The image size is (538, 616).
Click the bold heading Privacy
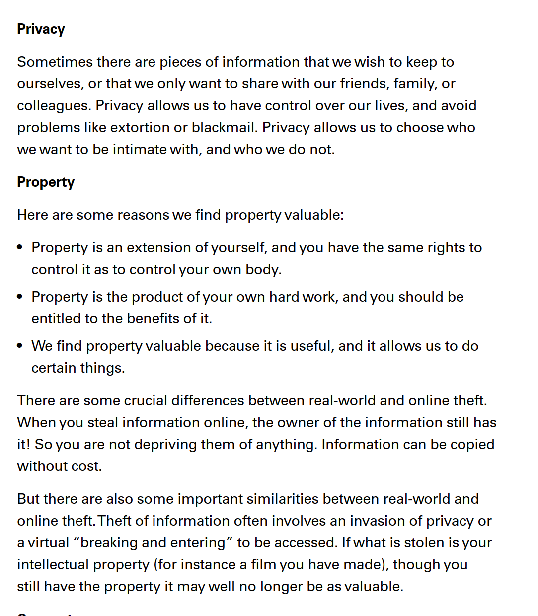(41, 29)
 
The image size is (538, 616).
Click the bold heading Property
(46, 182)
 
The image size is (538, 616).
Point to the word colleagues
(54, 106)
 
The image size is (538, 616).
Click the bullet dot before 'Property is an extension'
(20, 247)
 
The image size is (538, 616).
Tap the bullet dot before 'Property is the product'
(20, 297)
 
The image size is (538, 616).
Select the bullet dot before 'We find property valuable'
(20, 346)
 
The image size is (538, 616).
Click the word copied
(472, 445)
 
